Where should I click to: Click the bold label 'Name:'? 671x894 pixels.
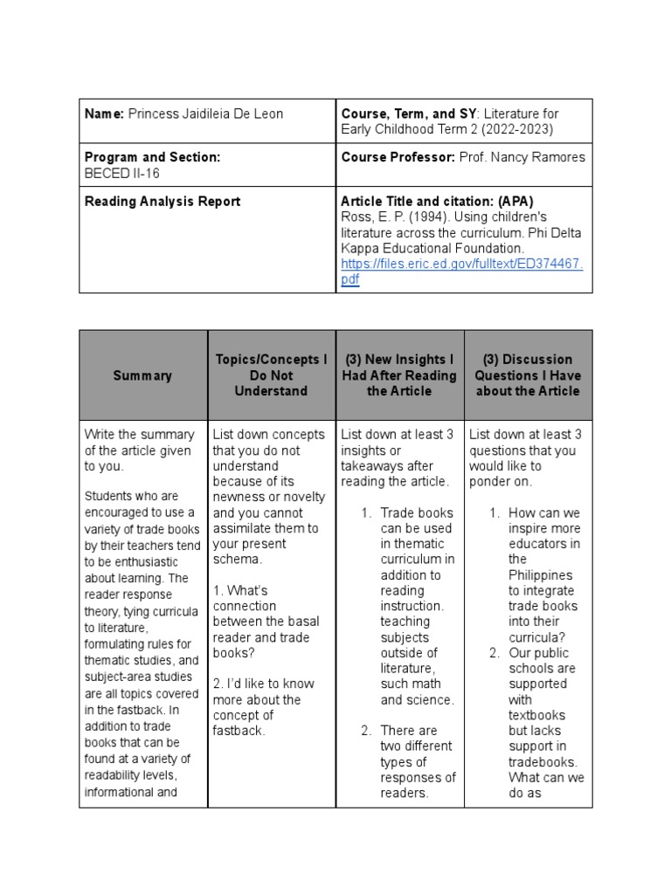point(104,114)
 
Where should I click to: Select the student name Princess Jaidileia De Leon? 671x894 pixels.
point(205,114)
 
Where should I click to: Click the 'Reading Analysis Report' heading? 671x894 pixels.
point(163,202)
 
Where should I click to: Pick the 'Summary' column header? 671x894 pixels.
point(142,375)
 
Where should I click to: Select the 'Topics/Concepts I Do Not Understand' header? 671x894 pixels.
point(271,375)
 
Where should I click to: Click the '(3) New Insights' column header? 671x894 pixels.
point(399,375)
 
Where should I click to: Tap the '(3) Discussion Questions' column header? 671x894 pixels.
point(527,375)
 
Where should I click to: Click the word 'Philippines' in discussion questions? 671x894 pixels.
point(540,575)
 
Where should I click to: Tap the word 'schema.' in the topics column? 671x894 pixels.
point(237,560)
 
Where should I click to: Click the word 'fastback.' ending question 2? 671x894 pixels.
point(239,731)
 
